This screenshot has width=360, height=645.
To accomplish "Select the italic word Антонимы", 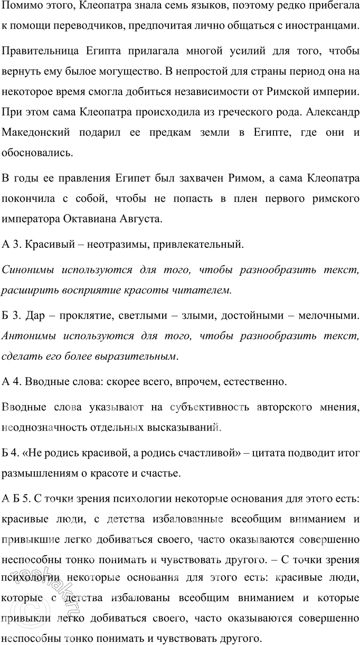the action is click(x=27, y=335).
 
